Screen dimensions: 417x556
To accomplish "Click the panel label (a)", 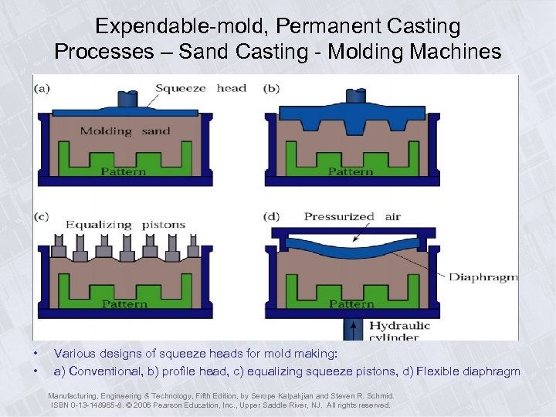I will [x=42, y=88].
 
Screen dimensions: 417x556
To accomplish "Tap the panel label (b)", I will [x=271, y=88].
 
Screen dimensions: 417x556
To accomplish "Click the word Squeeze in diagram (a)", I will [x=180, y=88].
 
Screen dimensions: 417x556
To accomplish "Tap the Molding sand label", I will [x=125, y=131].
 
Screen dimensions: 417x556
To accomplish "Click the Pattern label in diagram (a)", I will [x=124, y=171].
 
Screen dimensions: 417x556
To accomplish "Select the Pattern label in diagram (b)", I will [x=351, y=171].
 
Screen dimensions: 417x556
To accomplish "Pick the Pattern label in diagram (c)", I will [x=124, y=304].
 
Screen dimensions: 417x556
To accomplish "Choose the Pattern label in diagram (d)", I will [x=351, y=304].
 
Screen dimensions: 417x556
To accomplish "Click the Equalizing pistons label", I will [x=125, y=225].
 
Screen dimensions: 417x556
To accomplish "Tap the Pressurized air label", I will [x=352, y=217].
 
